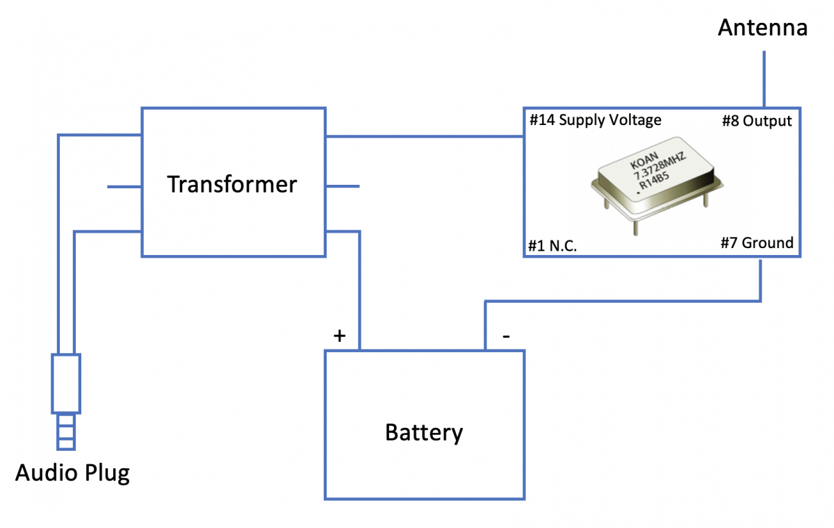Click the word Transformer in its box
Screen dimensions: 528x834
tap(232, 184)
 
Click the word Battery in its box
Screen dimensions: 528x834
tap(424, 432)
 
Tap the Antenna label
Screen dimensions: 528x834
tap(762, 28)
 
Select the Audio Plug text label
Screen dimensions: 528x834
tap(72, 473)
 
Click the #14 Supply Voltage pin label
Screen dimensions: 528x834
tap(596, 120)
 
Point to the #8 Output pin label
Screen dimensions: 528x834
tap(757, 121)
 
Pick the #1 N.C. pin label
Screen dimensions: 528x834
tap(553, 246)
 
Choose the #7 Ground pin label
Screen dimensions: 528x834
tap(757, 242)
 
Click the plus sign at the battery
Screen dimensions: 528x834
tap(339, 336)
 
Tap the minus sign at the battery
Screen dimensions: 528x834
tap(506, 336)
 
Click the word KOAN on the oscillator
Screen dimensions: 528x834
tap(644, 163)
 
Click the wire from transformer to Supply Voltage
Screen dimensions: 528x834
tap(424, 137)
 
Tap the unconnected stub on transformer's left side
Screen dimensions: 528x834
tap(124, 187)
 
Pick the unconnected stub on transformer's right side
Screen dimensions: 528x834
tap(343, 187)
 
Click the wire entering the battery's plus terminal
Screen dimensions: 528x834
tap(360, 292)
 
